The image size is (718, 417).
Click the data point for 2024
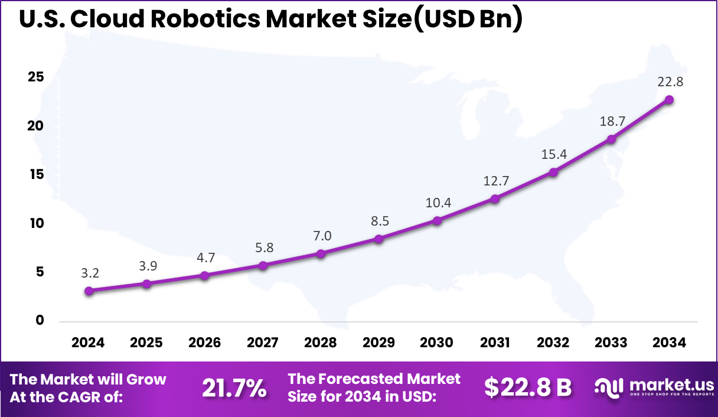(89, 291)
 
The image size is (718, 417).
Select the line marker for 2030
(437, 220)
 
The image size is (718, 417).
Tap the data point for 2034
(669, 99)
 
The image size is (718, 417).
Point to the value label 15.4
(553, 154)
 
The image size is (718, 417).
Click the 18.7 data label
(611, 121)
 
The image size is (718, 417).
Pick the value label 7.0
(321, 236)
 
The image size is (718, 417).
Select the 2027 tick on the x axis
(263, 343)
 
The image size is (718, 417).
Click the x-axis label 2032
(553, 343)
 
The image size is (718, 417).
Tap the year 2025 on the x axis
(146, 343)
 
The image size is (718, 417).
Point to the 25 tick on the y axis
(36, 77)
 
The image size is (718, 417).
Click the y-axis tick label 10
(36, 223)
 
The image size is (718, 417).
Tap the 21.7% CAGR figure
(234, 388)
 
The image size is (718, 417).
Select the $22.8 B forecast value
(528, 387)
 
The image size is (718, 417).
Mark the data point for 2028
(321, 253)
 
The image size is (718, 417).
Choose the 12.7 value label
(495, 181)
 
